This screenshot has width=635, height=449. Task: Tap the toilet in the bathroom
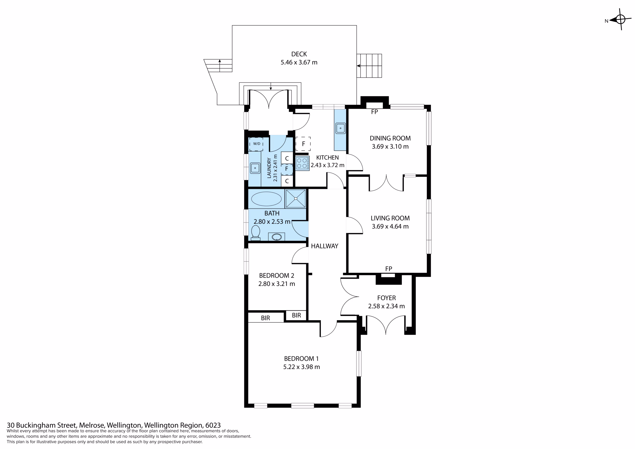(x=255, y=233)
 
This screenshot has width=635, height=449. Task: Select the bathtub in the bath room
(x=266, y=199)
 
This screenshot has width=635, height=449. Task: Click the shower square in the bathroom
(x=296, y=198)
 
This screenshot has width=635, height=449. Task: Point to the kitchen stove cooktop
(x=302, y=163)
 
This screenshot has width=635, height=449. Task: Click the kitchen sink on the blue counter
(x=341, y=128)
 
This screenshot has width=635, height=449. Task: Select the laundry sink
(x=255, y=168)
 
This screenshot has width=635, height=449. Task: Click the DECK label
(x=299, y=54)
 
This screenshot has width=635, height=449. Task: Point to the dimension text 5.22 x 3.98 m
(x=301, y=367)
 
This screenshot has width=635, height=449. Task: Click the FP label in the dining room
(x=375, y=112)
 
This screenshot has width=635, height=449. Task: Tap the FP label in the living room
(x=389, y=269)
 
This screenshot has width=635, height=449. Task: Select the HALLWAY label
(x=324, y=246)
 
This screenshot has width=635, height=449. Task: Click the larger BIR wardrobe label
(x=265, y=318)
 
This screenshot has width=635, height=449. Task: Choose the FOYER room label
(x=386, y=298)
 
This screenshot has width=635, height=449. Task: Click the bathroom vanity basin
(x=277, y=237)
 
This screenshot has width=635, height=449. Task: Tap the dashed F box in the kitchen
(x=303, y=144)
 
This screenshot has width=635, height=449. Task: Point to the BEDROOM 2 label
(x=277, y=276)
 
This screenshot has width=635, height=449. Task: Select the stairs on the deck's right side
(x=369, y=66)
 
